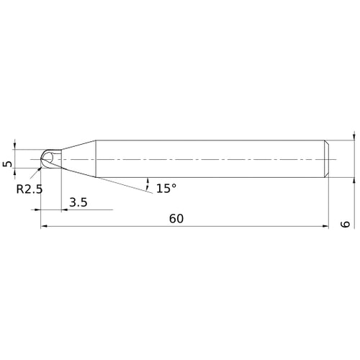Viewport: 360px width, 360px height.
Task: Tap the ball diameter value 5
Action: tap(8, 165)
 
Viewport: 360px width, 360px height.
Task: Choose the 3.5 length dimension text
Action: tap(78, 203)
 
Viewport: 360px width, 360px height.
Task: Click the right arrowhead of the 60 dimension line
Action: tap(325, 227)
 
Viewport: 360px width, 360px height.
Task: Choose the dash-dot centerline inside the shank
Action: tap(216, 158)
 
